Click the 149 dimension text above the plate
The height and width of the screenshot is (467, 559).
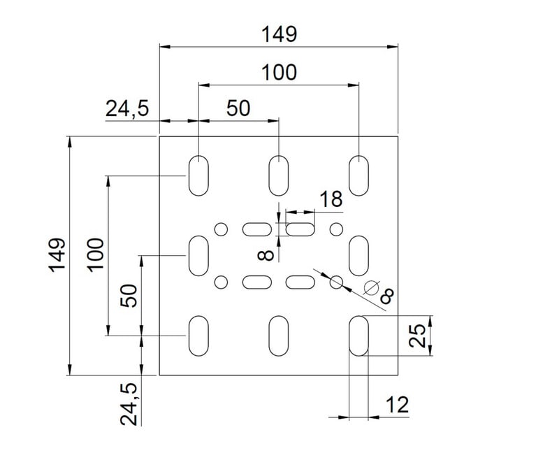click(279, 34)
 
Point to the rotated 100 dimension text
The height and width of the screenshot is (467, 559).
click(96, 254)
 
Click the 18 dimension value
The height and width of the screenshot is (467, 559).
click(331, 200)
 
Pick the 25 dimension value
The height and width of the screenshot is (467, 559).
click(418, 336)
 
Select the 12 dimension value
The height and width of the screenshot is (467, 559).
click(395, 405)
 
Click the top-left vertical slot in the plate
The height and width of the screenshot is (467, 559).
click(198, 175)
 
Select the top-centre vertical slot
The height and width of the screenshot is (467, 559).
click(279, 175)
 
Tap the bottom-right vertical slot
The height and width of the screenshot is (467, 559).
click(359, 336)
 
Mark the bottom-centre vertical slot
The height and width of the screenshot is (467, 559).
click(279, 336)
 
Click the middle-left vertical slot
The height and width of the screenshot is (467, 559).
click(198, 256)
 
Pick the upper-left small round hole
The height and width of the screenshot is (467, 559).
click(222, 229)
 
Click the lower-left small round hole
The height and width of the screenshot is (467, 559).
click(222, 282)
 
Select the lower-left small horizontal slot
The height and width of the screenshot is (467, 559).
click(256, 282)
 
